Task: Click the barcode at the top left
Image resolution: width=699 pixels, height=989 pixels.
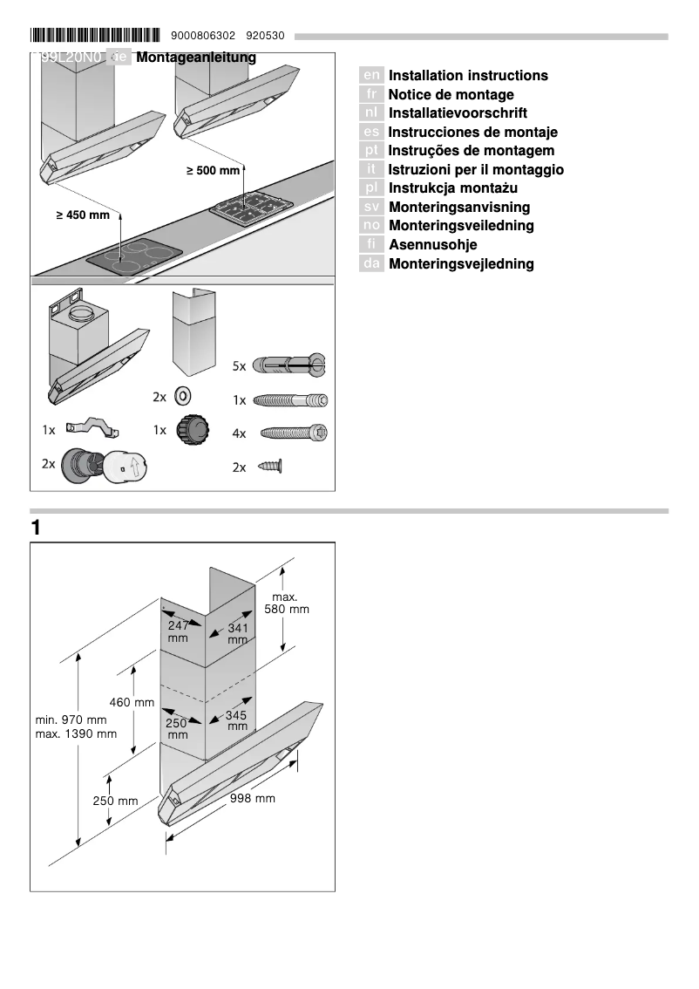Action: (x=95, y=36)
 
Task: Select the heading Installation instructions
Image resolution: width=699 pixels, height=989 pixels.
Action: (x=468, y=76)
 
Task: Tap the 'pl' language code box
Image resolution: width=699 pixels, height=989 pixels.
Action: (x=371, y=188)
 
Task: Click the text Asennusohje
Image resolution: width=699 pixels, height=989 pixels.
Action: (x=432, y=245)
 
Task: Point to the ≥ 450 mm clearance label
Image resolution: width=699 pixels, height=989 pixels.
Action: (x=83, y=215)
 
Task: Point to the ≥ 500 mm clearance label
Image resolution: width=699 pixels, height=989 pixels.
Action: (x=213, y=171)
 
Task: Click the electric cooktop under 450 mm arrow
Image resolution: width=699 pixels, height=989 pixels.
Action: (x=135, y=256)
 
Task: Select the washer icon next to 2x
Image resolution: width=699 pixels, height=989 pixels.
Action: (x=183, y=396)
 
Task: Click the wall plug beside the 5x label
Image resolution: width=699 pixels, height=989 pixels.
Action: (x=288, y=365)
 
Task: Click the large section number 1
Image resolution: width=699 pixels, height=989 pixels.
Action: (x=36, y=528)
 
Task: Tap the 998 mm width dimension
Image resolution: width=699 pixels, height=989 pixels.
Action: (x=253, y=798)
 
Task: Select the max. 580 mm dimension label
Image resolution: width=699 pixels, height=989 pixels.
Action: (x=286, y=603)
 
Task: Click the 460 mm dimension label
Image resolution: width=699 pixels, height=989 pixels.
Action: (x=131, y=702)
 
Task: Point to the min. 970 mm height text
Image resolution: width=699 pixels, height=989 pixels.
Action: (x=71, y=720)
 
